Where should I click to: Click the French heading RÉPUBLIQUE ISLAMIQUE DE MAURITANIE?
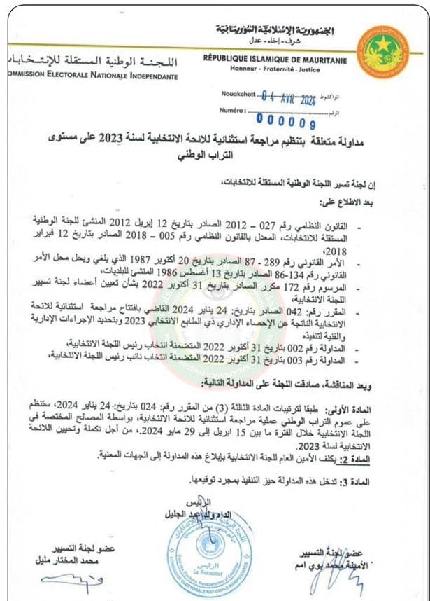pos(276,60)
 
